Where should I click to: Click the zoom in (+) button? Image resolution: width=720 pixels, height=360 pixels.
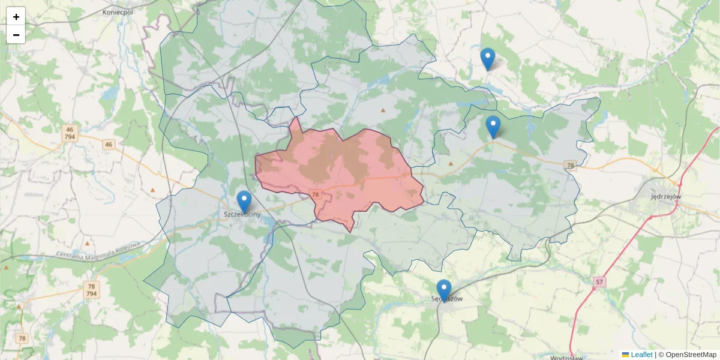pyautogui.click(x=16, y=17)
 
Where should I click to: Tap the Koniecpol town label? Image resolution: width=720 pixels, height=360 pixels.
pyautogui.click(x=118, y=11)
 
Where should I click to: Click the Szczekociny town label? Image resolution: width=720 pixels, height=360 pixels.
pyautogui.click(x=242, y=214)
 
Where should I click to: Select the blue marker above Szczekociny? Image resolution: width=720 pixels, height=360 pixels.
pyautogui.click(x=244, y=202)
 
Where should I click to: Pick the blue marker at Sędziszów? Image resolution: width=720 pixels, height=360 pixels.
pyautogui.click(x=444, y=290)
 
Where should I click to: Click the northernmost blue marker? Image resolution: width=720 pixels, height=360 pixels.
pyautogui.click(x=488, y=59)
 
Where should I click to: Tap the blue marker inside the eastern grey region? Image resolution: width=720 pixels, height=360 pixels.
pyautogui.click(x=493, y=127)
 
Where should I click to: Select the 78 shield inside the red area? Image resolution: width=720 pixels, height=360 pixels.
pyautogui.click(x=316, y=194)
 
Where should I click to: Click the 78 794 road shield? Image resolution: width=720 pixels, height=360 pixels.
pyautogui.click(x=91, y=290)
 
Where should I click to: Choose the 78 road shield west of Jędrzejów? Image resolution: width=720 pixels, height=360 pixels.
pyautogui.click(x=570, y=165)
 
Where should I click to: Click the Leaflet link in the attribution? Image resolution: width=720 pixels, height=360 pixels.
pyautogui.click(x=641, y=355)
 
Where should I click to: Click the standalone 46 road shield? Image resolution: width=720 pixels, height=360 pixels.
pyautogui.click(x=108, y=144)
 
